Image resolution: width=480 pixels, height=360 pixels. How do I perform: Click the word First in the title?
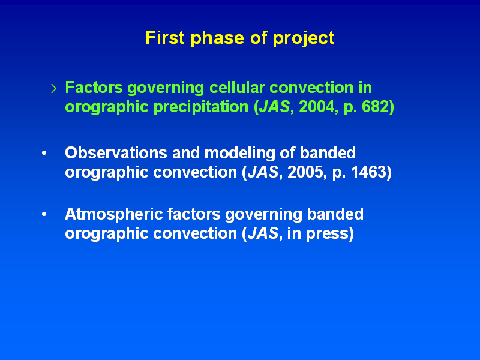point(164,38)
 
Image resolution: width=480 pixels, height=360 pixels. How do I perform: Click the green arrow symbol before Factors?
point(49,89)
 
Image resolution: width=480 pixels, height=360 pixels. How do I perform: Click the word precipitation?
point(201,107)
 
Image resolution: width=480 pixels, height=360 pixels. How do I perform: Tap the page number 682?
point(376,107)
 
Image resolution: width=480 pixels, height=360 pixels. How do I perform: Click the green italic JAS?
point(274,107)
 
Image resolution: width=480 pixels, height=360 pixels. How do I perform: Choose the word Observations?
point(116,153)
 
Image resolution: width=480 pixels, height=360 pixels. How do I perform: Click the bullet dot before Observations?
point(44,153)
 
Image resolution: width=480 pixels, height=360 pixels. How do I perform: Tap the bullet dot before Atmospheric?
point(44,214)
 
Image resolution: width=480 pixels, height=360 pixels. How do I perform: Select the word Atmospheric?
point(113,214)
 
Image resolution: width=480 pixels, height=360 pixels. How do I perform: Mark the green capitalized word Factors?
point(94,88)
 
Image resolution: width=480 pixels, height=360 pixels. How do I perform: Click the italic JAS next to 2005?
point(263,172)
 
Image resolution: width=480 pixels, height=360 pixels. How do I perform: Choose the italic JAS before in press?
point(263,233)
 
